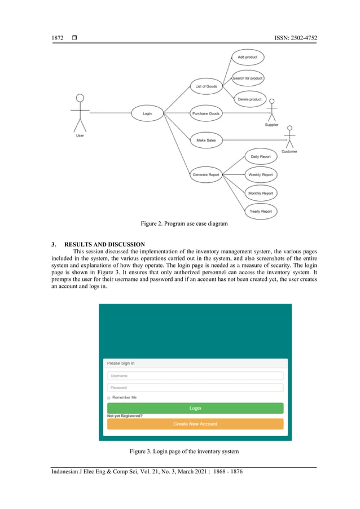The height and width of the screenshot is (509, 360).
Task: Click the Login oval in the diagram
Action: (x=147, y=113)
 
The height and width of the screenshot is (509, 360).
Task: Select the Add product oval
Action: (x=248, y=57)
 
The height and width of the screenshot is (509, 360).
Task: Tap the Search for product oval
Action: (x=248, y=78)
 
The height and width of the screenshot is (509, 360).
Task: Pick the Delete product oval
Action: (x=249, y=99)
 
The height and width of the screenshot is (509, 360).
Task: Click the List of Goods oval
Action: (x=206, y=86)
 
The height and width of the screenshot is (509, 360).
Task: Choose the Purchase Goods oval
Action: (x=206, y=113)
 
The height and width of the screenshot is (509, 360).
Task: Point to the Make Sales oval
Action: (x=206, y=140)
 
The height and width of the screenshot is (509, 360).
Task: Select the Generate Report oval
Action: (x=206, y=175)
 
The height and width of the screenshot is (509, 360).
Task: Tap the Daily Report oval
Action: (x=260, y=156)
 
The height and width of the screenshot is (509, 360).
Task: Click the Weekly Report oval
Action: (x=260, y=175)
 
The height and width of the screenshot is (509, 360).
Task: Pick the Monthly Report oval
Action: (x=260, y=193)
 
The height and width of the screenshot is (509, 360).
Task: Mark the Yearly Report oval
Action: (x=260, y=212)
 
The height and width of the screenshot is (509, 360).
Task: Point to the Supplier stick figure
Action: (x=272, y=110)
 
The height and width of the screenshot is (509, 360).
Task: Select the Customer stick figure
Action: (x=289, y=137)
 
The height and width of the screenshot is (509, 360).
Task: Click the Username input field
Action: (x=195, y=376)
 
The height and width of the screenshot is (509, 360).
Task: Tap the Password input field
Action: (x=195, y=388)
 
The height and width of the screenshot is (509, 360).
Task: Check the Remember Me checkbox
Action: (x=109, y=398)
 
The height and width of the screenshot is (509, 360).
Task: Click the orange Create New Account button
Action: (x=195, y=424)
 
